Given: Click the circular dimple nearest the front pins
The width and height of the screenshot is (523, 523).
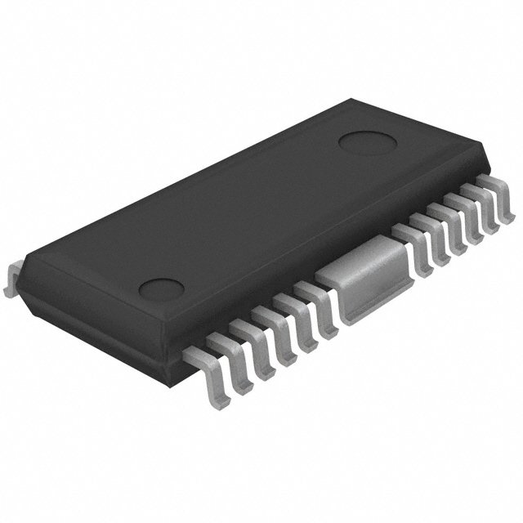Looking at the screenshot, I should click(161, 289).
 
